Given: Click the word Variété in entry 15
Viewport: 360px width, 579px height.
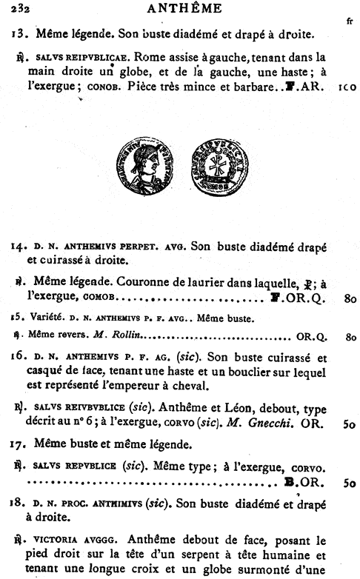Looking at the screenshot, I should [x=45, y=318].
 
